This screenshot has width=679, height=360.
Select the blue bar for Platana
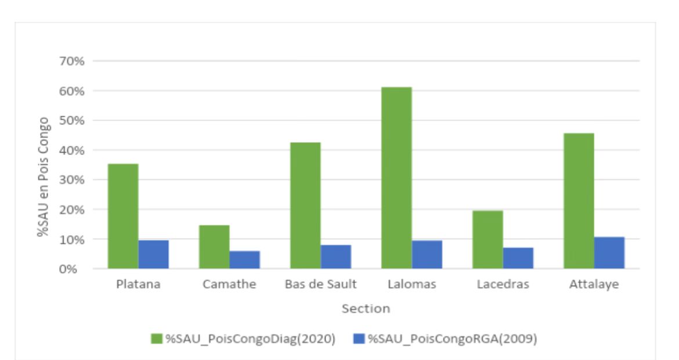[153, 254]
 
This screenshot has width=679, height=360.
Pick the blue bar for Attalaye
[609, 253]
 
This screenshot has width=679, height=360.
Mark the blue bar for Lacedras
[518, 258]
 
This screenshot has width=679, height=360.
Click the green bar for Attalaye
[579, 201]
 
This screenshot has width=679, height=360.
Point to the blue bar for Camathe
[244, 260]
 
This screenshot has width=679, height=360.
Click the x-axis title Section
[366, 309]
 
